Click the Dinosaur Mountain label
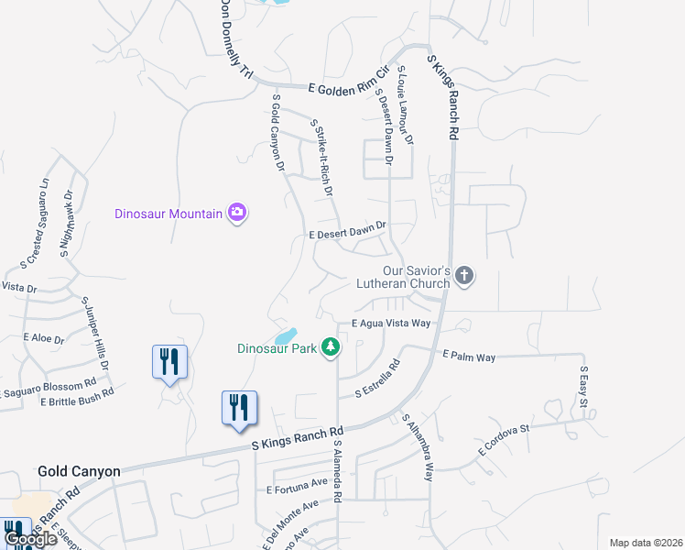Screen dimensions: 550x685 click(169, 214)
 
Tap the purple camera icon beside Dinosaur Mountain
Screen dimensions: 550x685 click(238, 213)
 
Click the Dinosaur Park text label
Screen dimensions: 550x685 click(277, 348)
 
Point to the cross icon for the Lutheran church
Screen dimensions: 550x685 click(464, 276)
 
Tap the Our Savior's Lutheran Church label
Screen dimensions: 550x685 click(404, 277)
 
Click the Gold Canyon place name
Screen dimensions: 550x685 click(79, 471)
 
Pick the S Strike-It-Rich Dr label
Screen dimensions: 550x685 click(321, 160)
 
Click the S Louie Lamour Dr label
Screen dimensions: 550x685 click(404, 105)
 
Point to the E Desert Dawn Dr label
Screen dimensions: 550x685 click(349, 230)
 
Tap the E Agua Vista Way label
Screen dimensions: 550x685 click(391, 324)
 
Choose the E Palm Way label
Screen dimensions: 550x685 click(468, 356)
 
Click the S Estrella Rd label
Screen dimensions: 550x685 click(377, 378)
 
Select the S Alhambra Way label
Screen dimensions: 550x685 click(418, 446)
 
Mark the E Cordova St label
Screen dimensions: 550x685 click(504, 441)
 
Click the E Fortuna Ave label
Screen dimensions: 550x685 click(297, 486)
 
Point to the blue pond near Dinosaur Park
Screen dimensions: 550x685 click(287, 335)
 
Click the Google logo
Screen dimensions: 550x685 click(30, 539)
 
